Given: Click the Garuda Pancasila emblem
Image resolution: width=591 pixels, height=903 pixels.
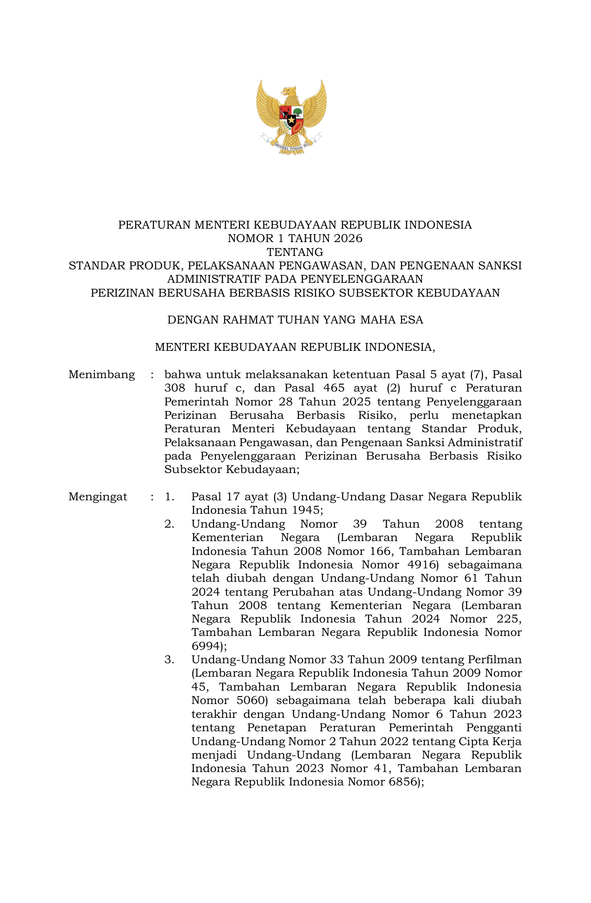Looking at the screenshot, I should point(291,117).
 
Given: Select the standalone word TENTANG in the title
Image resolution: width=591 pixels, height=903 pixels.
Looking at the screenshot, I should point(295,252).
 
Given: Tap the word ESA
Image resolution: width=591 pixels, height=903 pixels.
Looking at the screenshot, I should point(412,320).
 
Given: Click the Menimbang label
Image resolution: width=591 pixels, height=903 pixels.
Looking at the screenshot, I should point(102,374).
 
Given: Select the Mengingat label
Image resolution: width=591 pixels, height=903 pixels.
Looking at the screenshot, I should point(98,497).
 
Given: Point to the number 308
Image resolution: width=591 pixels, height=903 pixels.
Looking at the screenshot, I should point(175,388).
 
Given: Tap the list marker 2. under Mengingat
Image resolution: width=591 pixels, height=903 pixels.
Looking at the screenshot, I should point(169,524).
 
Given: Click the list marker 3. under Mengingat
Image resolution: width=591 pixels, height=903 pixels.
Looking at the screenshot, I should point(169,660).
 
